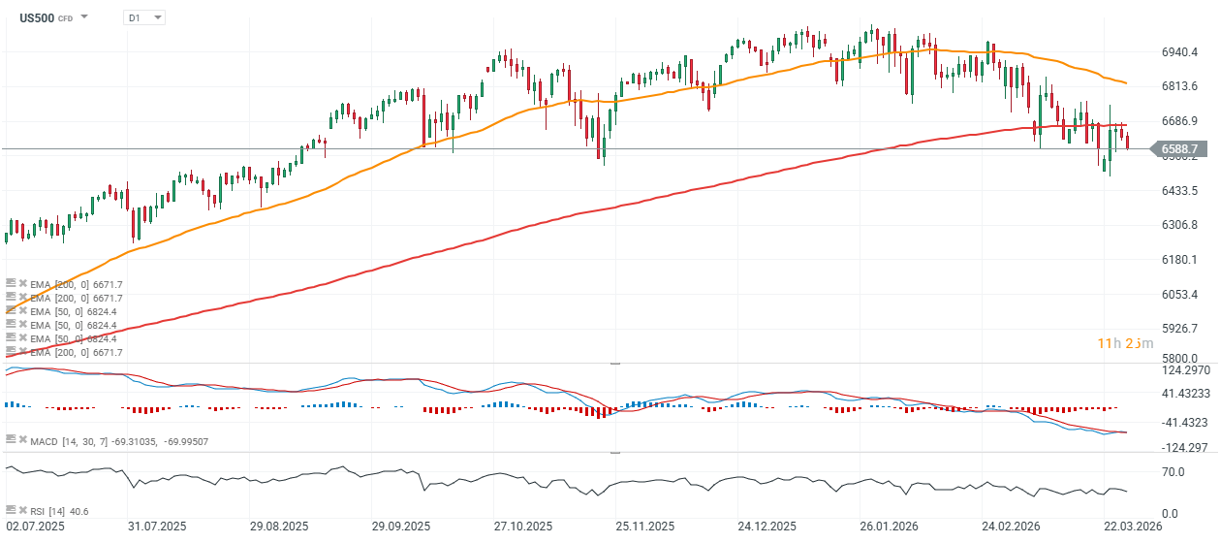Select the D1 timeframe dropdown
pyautogui.click(x=144, y=17)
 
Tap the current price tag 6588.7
pyautogui.click(x=1179, y=149)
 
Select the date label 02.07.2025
pyautogui.click(x=36, y=527)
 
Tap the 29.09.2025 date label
pyautogui.click(x=400, y=527)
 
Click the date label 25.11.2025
pyautogui.click(x=643, y=527)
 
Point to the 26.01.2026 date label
pyautogui.click(x=888, y=527)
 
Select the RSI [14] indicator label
pyautogui.click(x=48, y=511)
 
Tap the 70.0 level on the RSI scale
pyautogui.click(x=1173, y=472)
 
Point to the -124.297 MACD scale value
pyautogui.click(x=1183, y=448)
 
